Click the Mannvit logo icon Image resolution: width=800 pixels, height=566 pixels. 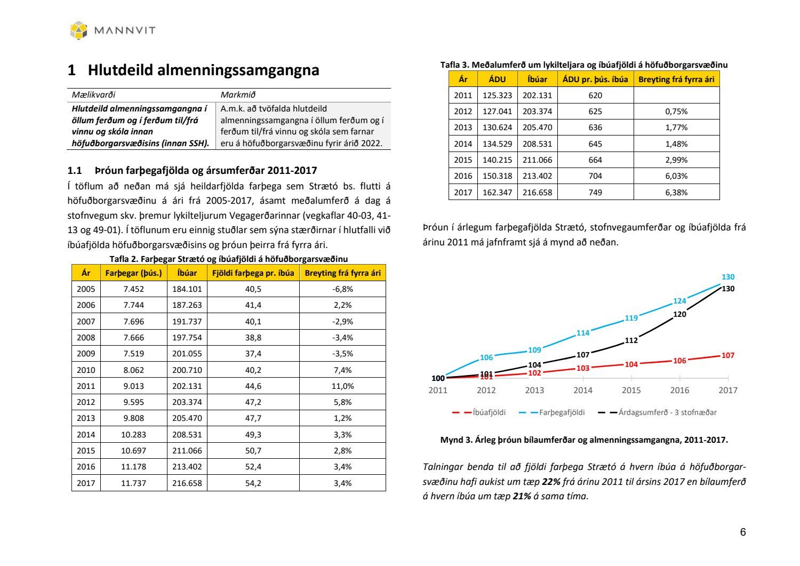click(x=78, y=30)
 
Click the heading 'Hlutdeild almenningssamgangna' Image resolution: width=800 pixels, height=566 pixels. click(x=203, y=70)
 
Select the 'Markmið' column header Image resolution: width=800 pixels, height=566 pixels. click(x=238, y=95)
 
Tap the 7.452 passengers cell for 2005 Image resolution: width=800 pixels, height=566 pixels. click(x=133, y=289)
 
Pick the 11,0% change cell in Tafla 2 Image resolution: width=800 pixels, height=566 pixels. click(x=342, y=386)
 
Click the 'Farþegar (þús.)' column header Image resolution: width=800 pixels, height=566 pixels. click(x=133, y=273)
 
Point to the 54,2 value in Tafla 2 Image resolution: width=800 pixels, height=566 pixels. click(x=253, y=483)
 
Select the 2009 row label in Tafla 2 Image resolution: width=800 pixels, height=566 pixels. click(x=86, y=354)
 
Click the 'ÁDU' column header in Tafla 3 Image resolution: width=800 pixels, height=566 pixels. click(x=497, y=79)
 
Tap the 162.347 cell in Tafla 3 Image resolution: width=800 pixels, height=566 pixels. click(x=497, y=193)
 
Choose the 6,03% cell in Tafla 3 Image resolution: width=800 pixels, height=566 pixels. click(x=676, y=176)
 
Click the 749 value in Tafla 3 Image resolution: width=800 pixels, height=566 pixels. click(x=595, y=193)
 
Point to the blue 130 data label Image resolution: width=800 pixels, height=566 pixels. click(x=728, y=277)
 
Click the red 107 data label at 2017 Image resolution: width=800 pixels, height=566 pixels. click(x=728, y=355)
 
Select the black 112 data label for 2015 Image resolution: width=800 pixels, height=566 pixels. click(x=631, y=340)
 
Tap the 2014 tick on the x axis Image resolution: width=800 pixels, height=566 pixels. click(x=583, y=390)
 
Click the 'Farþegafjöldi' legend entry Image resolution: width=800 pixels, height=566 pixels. click(x=562, y=412)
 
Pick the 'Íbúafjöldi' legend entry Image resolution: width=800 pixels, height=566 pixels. click(x=489, y=412)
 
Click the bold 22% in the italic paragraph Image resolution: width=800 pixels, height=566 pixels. click(x=551, y=482)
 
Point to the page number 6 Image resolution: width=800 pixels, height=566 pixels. click(x=742, y=532)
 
